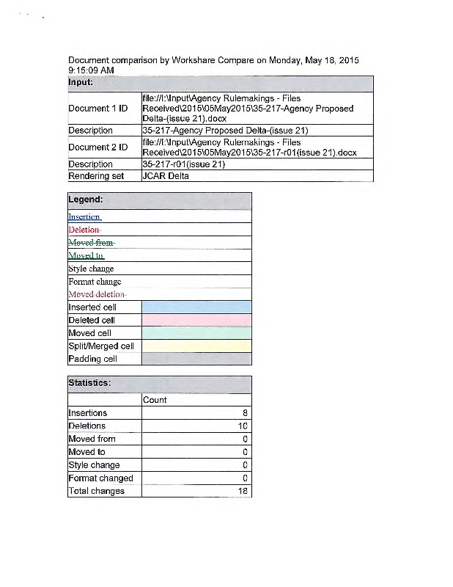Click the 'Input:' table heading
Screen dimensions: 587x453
81,82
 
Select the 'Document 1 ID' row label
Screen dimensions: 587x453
97,109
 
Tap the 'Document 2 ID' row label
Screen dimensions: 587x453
97,147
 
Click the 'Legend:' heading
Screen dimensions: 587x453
86,200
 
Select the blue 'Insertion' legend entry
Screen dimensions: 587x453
84,217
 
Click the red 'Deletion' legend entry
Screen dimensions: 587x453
84,230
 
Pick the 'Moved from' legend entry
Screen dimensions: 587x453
91,243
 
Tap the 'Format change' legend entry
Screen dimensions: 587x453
95,282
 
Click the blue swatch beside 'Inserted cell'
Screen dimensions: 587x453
196,307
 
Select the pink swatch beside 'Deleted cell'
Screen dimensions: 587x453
196,321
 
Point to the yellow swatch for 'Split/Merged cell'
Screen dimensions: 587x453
196,346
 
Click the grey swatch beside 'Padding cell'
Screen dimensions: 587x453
196,359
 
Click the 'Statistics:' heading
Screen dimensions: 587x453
89,383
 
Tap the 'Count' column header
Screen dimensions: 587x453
155,400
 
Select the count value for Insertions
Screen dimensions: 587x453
245,413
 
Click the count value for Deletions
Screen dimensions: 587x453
243,426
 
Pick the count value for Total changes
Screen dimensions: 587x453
243,492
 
